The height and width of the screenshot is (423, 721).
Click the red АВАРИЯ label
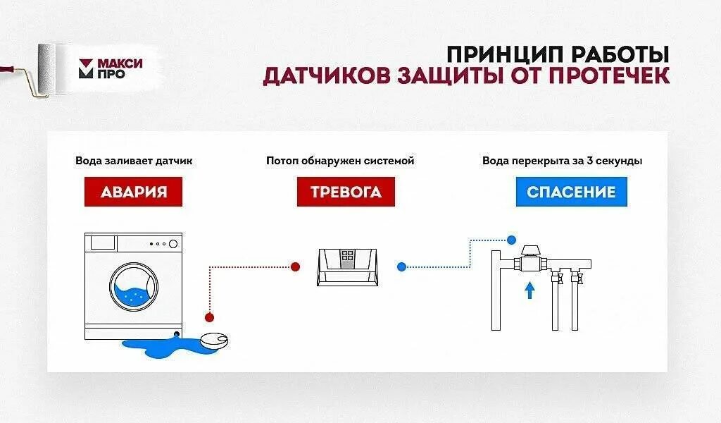[133, 192]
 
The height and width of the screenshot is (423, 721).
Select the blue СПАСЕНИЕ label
[571, 192]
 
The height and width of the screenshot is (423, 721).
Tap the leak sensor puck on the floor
[215, 339]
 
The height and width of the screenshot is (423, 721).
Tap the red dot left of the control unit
[296, 266]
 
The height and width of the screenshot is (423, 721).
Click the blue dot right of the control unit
[401, 266]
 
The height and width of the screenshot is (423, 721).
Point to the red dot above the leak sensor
[208, 317]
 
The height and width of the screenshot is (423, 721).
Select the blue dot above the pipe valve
[512, 240]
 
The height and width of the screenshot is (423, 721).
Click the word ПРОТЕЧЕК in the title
[610, 75]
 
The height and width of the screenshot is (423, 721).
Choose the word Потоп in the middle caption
[281, 161]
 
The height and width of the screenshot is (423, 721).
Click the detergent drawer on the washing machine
[104, 243]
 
